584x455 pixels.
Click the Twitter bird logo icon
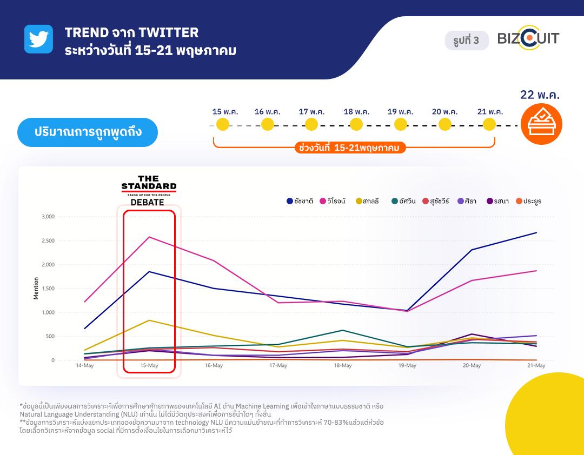click(x=38, y=39)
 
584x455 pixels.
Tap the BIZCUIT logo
click(x=528, y=39)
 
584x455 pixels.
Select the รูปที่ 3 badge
click(x=466, y=41)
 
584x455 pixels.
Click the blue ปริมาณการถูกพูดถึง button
click(x=88, y=132)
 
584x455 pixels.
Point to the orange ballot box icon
click(x=541, y=124)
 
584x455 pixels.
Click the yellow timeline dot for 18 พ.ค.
click(x=356, y=124)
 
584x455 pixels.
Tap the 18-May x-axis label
click(x=343, y=366)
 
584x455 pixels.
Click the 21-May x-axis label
click(x=536, y=366)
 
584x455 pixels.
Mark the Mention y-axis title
click(x=36, y=289)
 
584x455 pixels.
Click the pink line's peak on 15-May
click(x=149, y=237)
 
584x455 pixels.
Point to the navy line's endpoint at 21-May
click(x=536, y=233)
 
